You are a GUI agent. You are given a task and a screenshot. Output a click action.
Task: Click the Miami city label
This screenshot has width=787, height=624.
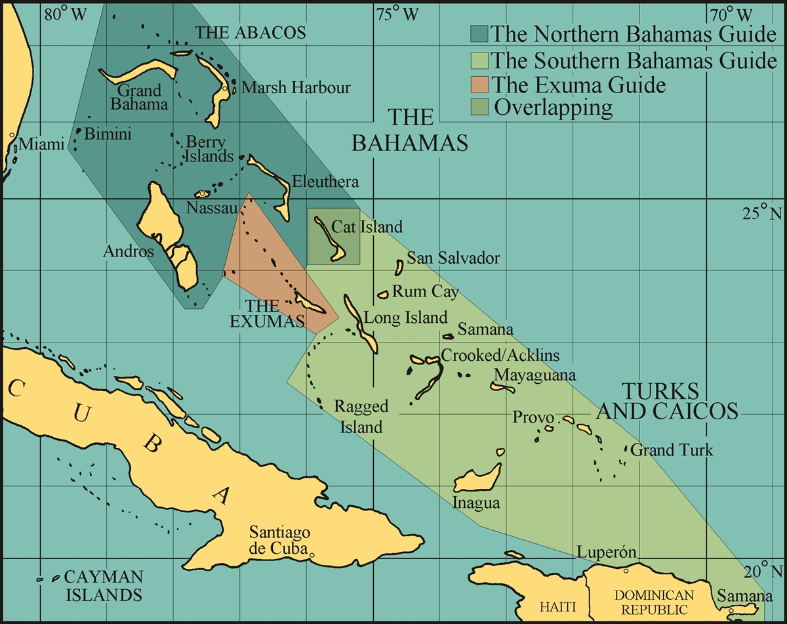pyautogui.click(x=42, y=143)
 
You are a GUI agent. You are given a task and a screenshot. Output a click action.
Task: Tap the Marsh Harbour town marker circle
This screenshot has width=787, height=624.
pyautogui.click(x=225, y=88)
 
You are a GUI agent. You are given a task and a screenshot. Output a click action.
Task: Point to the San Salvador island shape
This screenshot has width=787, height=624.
pyautogui.click(x=399, y=266)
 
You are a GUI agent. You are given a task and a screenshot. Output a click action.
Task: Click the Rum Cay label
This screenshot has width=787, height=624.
pyautogui.click(x=425, y=291)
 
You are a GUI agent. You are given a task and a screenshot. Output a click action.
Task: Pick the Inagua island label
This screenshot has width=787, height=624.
pyautogui.click(x=476, y=503)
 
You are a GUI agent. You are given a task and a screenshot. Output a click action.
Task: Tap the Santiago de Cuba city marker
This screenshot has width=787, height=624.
pyautogui.click(x=312, y=556)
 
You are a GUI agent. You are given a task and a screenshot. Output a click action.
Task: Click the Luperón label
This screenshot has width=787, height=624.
pyautogui.click(x=607, y=552)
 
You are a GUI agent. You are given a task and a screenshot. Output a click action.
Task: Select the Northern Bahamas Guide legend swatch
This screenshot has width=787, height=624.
pyautogui.click(x=479, y=33)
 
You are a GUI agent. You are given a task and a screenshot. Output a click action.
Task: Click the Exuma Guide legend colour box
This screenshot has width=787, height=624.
pyautogui.click(x=479, y=85)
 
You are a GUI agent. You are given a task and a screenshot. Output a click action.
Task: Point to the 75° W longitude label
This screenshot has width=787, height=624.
pyautogui.click(x=397, y=14)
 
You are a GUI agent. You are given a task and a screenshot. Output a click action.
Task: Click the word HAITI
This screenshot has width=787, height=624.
pyautogui.click(x=557, y=607)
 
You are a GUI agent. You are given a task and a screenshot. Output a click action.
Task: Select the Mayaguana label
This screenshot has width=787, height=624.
pyautogui.click(x=535, y=375)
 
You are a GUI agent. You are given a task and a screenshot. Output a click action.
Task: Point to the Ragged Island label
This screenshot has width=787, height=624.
pyautogui.click(x=361, y=417)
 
